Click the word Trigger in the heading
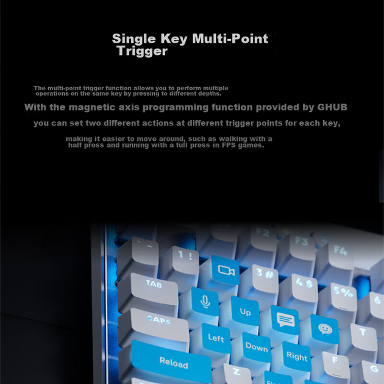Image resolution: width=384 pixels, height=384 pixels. point(142,51)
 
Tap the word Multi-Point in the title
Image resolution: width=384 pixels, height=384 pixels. point(230,38)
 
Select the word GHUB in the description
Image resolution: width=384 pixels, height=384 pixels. point(332,107)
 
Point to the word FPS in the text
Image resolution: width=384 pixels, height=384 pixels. point(229,145)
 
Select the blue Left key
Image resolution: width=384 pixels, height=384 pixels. point(216,338)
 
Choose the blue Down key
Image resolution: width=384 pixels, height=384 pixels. point(257,347)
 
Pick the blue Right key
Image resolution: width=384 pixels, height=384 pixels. point(297,357)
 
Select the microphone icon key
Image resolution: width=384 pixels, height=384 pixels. point(205,301)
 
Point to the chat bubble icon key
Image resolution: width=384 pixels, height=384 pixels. point(285,320)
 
